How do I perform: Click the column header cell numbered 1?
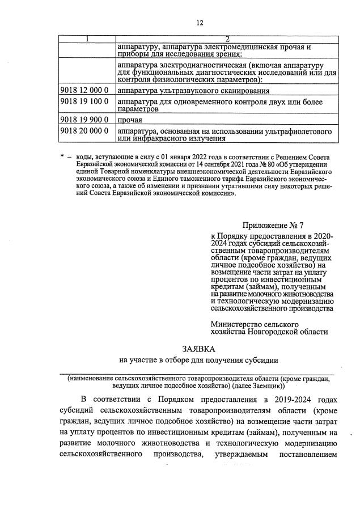(x=87, y=38)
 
